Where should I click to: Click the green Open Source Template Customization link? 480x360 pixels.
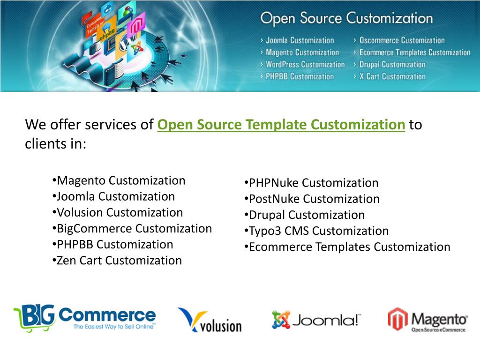(281, 125)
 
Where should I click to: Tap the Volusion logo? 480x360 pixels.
(210, 320)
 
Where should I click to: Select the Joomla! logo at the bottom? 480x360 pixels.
(316, 320)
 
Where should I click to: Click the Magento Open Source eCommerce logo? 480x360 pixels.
(427, 320)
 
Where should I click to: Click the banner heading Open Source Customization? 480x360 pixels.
(346, 19)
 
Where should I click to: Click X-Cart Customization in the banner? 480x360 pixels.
(392, 76)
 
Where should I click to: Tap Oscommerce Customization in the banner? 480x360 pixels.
(402, 40)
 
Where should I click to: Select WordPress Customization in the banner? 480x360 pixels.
(305, 65)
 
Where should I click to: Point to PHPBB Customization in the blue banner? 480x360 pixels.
(300, 76)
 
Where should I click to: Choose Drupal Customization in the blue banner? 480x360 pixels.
(392, 65)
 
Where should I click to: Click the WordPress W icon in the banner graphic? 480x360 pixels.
(125, 43)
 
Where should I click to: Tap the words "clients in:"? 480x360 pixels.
(55, 144)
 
